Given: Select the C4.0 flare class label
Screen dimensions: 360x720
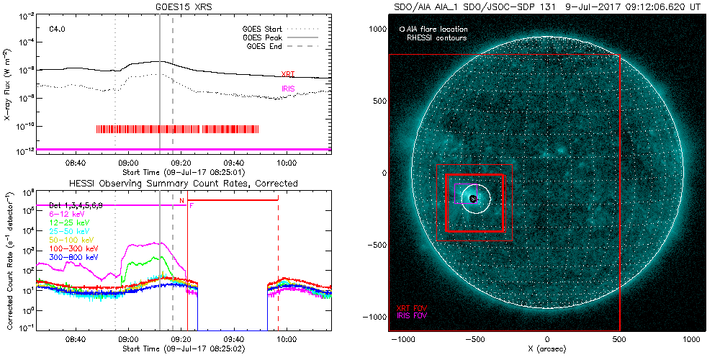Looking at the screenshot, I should pos(58,29).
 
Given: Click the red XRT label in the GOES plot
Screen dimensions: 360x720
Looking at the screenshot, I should pos(287,74).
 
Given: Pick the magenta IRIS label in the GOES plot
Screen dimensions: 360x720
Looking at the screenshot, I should pos(288,89).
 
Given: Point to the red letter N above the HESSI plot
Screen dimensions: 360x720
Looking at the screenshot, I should pos(182,199).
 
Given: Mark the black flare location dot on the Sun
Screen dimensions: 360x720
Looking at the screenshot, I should pos(473,199).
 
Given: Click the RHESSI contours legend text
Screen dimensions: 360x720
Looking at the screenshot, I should pos(436,37).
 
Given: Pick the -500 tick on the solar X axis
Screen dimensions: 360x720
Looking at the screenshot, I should pos(474,338).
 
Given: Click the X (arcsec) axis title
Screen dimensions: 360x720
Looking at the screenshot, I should pos(548,348).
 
